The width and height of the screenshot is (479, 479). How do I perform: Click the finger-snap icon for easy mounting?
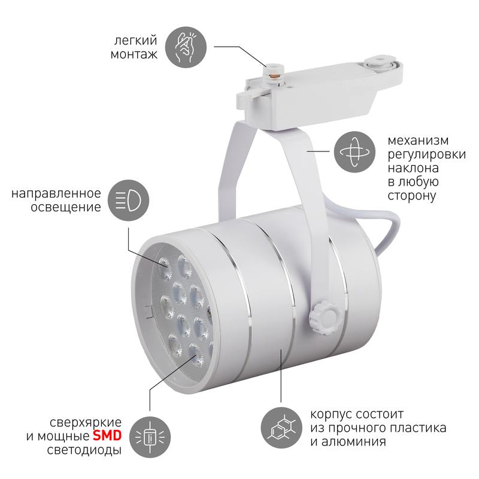[x=186, y=47]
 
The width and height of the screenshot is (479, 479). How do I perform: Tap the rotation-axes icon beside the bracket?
[x=354, y=152]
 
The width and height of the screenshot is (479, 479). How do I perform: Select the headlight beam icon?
[x=128, y=200]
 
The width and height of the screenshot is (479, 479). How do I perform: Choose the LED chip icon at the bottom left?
[x=150, y=436]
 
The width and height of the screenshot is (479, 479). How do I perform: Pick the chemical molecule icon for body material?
[x=281, y=428]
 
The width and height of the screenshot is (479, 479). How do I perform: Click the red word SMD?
[x=107, y=436]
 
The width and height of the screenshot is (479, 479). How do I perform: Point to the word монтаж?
[x=134, y=54]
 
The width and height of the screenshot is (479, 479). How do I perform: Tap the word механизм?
[x=418, y=141]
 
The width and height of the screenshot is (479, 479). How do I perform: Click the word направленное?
[x=56, y=193]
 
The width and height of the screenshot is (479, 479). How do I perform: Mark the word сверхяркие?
[x=86, y=423]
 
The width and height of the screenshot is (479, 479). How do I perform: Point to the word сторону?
[x=412, y=196]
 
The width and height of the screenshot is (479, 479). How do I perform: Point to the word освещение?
[x=66, y=207]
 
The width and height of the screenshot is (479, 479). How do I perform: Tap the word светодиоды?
[x=84, y=450]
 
